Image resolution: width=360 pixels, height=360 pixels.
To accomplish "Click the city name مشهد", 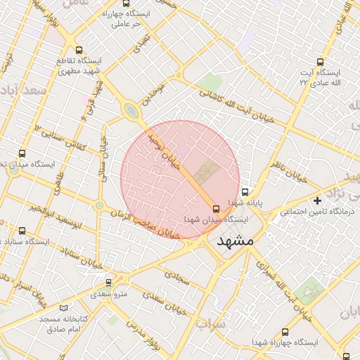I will point(236,241).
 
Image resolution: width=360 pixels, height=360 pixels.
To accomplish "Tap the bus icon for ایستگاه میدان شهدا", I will point(216,208).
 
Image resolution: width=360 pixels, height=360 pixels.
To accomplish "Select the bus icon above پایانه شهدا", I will point(245,191).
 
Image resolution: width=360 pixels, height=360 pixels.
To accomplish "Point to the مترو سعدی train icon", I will point(108,282).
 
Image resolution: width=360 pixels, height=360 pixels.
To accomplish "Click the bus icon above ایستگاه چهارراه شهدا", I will point(285,331).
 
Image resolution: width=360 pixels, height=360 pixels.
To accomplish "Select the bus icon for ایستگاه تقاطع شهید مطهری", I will point(79,50).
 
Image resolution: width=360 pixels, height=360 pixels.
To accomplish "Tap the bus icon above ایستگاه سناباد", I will point(22,231).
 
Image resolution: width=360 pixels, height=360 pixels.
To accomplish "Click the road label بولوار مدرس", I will point(162,337).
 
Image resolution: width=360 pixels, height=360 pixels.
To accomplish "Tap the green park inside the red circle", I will point(206,169).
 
